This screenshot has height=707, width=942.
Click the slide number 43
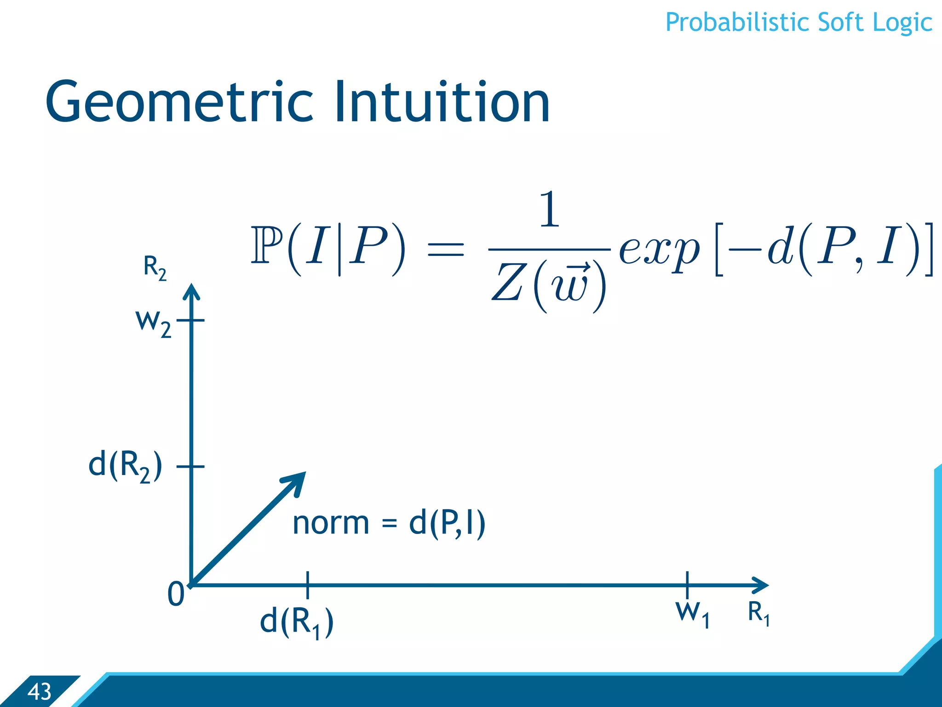click(x=39, y=692)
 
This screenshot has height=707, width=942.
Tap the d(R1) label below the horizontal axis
click(x=297, y=622)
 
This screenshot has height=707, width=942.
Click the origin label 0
click(x=176, y=594)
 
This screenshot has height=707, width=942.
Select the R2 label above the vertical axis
click(x=155, y=267)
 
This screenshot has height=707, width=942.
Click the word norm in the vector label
click(x=331, y=523)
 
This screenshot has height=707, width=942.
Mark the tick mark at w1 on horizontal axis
click(x=687, y=585)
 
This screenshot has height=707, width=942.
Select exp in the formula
click(x=659, y=251)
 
